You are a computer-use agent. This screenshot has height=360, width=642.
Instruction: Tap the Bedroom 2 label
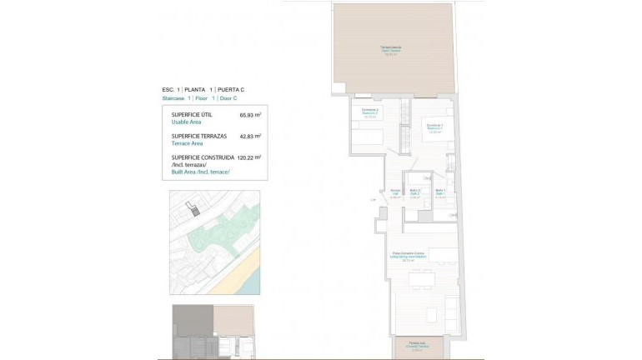(x=370, y=113)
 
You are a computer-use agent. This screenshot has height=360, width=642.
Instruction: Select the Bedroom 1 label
(x=434, y=127)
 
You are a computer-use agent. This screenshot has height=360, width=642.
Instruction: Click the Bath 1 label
(x=441, y=193)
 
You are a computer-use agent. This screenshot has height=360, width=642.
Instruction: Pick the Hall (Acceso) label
(x=395, y=193)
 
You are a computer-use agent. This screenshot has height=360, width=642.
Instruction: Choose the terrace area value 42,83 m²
(x=250, y=135)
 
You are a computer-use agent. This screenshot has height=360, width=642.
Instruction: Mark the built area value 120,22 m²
(x=248, y=157)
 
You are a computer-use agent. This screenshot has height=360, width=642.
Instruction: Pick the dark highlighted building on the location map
(x=194, y=212)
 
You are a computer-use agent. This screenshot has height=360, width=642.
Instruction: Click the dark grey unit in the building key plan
(x=192, y=320)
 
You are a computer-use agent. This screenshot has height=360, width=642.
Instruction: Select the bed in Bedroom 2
(x=367, y=139)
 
